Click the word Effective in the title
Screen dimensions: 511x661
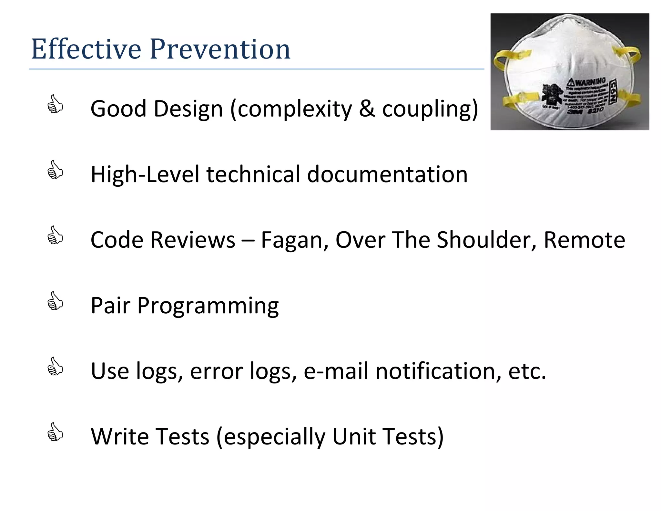point(86,49)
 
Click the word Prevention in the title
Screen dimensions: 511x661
point(220,49)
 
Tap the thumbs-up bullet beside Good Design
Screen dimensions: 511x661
point(55,104)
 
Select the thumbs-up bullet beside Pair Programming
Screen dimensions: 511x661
point(55,301)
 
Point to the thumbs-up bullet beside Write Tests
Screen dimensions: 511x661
point(55,432)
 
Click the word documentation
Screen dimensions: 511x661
point(387,174)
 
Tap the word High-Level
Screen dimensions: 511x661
point(145,174)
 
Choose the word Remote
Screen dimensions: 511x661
point(584,240)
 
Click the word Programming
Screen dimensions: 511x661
point(208,306)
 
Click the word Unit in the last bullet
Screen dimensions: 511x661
point(354,436)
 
